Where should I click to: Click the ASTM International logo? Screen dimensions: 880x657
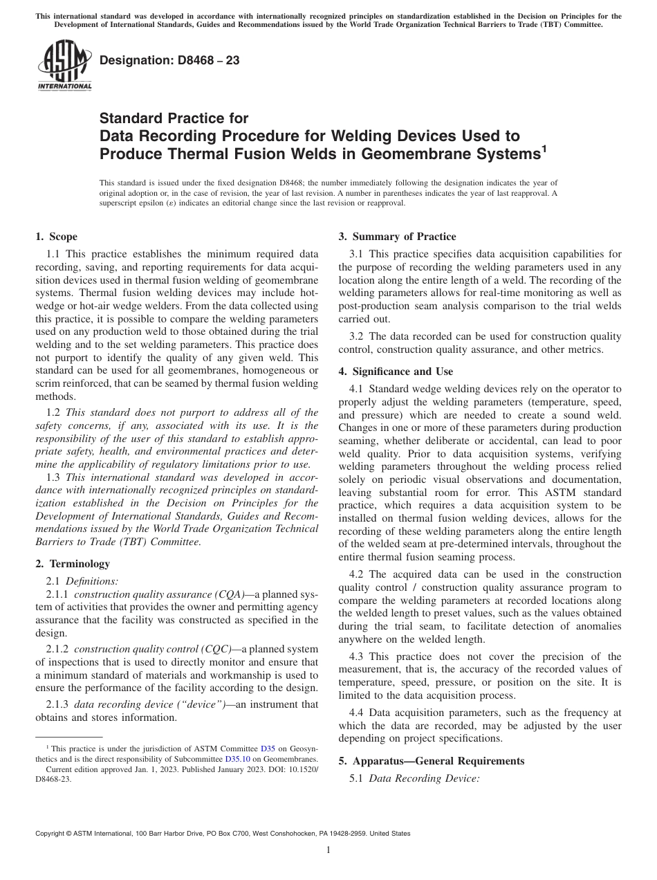pyautogui.click(x=64, y=65)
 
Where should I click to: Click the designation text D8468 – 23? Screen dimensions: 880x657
pyautogui.click(x=169, y=60)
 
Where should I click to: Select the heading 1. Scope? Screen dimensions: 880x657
pyautogui.click(x=56, y=237)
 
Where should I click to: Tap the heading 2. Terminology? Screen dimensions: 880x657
pyautogui.click(x=73, y=564)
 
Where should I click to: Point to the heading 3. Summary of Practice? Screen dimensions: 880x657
pyautogui.click(x=397, y=237)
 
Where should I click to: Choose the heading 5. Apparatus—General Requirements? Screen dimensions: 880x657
pyautogui.click(x=432, y=761)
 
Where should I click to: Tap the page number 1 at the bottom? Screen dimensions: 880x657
pyautogui.click(x=328, y=850)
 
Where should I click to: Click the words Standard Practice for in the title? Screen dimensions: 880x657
pyautogui.click(x=174, y=118)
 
